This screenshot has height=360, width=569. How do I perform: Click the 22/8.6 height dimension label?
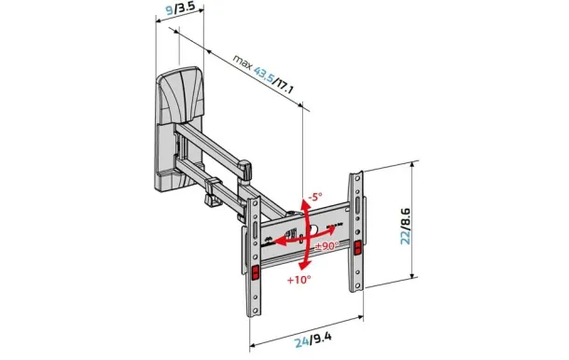405,227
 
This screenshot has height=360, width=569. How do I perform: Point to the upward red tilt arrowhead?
306,205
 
